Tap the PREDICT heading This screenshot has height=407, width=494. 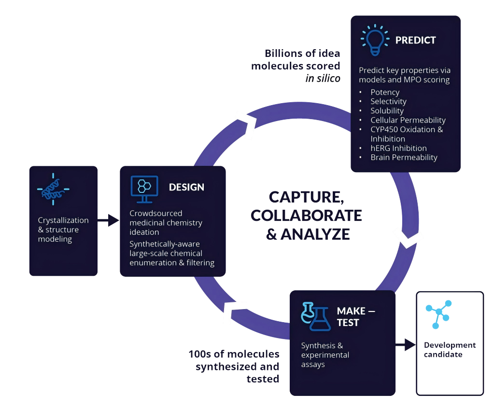(x=415, y=41)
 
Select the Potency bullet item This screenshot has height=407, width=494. (x=385, y=92)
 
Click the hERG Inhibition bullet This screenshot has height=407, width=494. (x=398, y=148)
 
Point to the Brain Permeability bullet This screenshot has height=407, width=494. (x=404, y=157)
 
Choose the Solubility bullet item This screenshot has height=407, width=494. (x=387, y=111)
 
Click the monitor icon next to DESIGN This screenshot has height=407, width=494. (x=144, y=189)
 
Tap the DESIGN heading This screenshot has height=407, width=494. (x=186, y=187)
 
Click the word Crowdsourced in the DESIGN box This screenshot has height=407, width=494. (x=155, y=213)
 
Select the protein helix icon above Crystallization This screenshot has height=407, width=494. (x=53, y=189)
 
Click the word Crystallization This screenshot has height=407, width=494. (x=63, y=220)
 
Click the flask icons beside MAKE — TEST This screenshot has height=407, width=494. (x=316, y=316)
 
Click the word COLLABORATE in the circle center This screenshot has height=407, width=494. (x=306, y=215)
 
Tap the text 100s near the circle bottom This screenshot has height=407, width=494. (x=199, y=354)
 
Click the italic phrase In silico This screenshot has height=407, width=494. (x=323, y=78)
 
